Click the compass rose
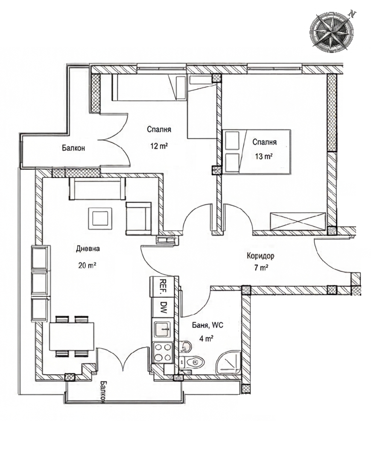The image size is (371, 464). click(x=331, y=30)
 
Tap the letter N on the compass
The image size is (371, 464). click(x=352, y=14)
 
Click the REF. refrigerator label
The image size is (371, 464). click(x=162, y=286)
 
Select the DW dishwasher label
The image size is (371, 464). click(x=164, y=308)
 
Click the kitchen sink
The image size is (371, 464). click(x=162, y=329)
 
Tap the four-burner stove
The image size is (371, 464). click(x=162, y=352)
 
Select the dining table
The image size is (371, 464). click(x=72, y=336)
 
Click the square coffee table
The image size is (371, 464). click(x=100, y=218)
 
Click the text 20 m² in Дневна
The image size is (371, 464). click(x=87, y=265)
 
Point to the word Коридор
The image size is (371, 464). click(x=260, y=255)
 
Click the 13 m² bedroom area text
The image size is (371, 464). click(x=264, y=156)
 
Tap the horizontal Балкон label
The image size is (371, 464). click(x=73, y=148)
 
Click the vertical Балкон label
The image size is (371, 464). click(x=103, y=392)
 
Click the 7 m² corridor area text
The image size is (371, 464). click(x=261, y=268)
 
